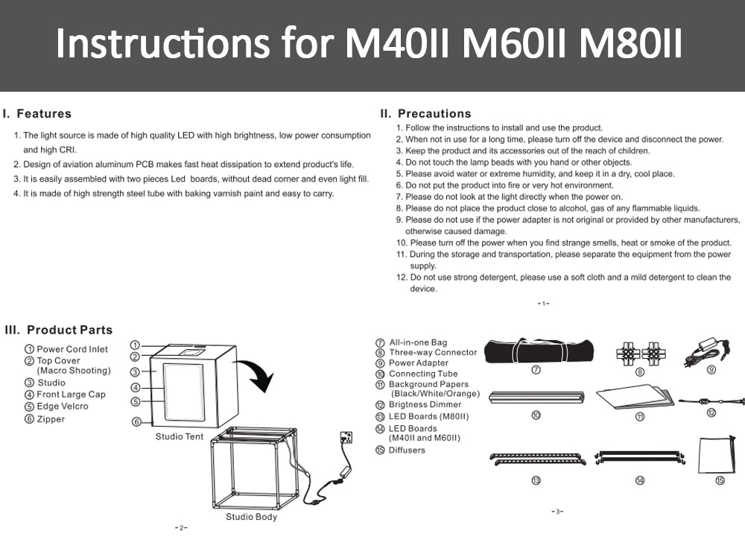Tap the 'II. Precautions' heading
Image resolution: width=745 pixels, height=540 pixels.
(425, 114)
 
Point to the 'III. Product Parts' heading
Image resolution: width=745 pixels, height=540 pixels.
(59, 330)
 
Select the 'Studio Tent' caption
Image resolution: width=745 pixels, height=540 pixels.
(179, 436)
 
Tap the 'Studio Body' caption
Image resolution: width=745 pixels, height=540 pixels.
(251, 517)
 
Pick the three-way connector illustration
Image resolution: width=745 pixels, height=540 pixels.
(639, 351)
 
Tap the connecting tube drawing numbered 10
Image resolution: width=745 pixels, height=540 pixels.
(536, 397)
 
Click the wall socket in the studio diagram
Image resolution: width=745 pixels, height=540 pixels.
(346, 437)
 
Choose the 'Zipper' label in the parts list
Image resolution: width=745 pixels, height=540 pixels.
(51, 419)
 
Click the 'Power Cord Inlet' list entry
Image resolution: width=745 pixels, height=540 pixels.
(72, 349)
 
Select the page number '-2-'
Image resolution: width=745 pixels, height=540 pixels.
(180, 528)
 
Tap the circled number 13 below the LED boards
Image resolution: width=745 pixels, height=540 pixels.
(536, 480)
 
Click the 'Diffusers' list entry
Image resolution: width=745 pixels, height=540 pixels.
(407, 450)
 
